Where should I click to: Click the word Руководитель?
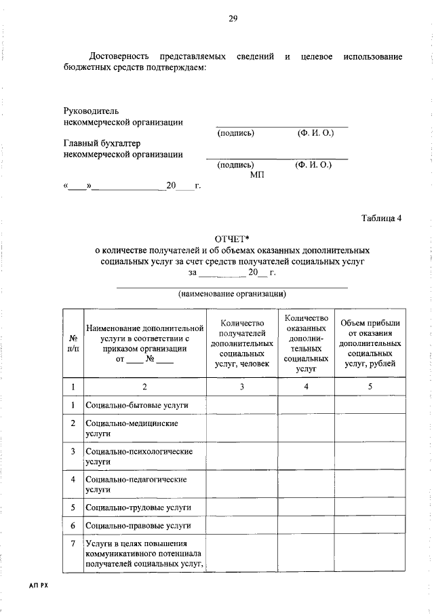(92, 109)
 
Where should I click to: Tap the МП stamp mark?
(256, 174)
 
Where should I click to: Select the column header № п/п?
(73, 343)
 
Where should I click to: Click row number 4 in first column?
(73, 479)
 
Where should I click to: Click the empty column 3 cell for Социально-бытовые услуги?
(241, 406)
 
